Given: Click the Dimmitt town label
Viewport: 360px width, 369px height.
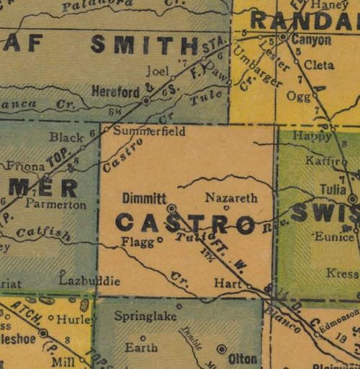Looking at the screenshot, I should [x=145, y=198].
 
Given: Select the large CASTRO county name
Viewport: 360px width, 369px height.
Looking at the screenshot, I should [x=185, y=224].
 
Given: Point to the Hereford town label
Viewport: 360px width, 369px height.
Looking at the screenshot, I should [x=114, y=91].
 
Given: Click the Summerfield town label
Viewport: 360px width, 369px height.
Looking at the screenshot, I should [x=149, y=132].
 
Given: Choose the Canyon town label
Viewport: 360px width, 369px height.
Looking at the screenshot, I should [x=310, y=40].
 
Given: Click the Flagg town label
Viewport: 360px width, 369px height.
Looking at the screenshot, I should [x=138, y=242].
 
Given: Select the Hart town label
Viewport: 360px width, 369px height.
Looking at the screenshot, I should [x=227, y=284].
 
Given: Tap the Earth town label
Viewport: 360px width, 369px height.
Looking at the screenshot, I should [x=140, y=347].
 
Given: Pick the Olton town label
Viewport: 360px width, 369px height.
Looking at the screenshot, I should [x=243, y=358].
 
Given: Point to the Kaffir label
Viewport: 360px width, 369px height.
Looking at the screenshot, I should [x=320, y=160].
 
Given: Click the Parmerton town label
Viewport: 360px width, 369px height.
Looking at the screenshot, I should [x=55, y=205].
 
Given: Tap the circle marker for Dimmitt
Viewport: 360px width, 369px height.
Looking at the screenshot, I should [x=171, y=208].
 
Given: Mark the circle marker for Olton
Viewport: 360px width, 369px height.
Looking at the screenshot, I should [x=222, y=349].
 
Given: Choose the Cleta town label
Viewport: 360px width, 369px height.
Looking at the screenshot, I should [x=319, y=65].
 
